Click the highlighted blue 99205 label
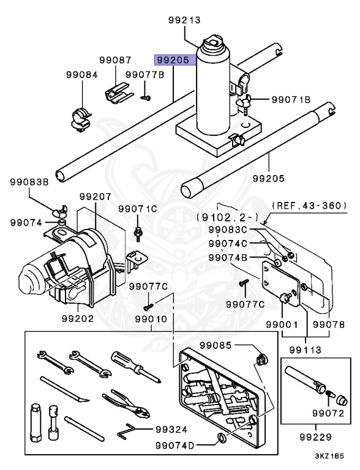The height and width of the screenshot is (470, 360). click(175, 61)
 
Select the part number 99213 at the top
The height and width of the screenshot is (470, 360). click(185, 20)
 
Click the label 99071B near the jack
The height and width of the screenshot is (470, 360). click(291, 99)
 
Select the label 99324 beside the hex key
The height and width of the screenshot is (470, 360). click(171, 429)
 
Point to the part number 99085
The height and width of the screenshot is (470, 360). click(218, 346)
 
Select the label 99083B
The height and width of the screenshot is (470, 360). click(28, 182)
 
